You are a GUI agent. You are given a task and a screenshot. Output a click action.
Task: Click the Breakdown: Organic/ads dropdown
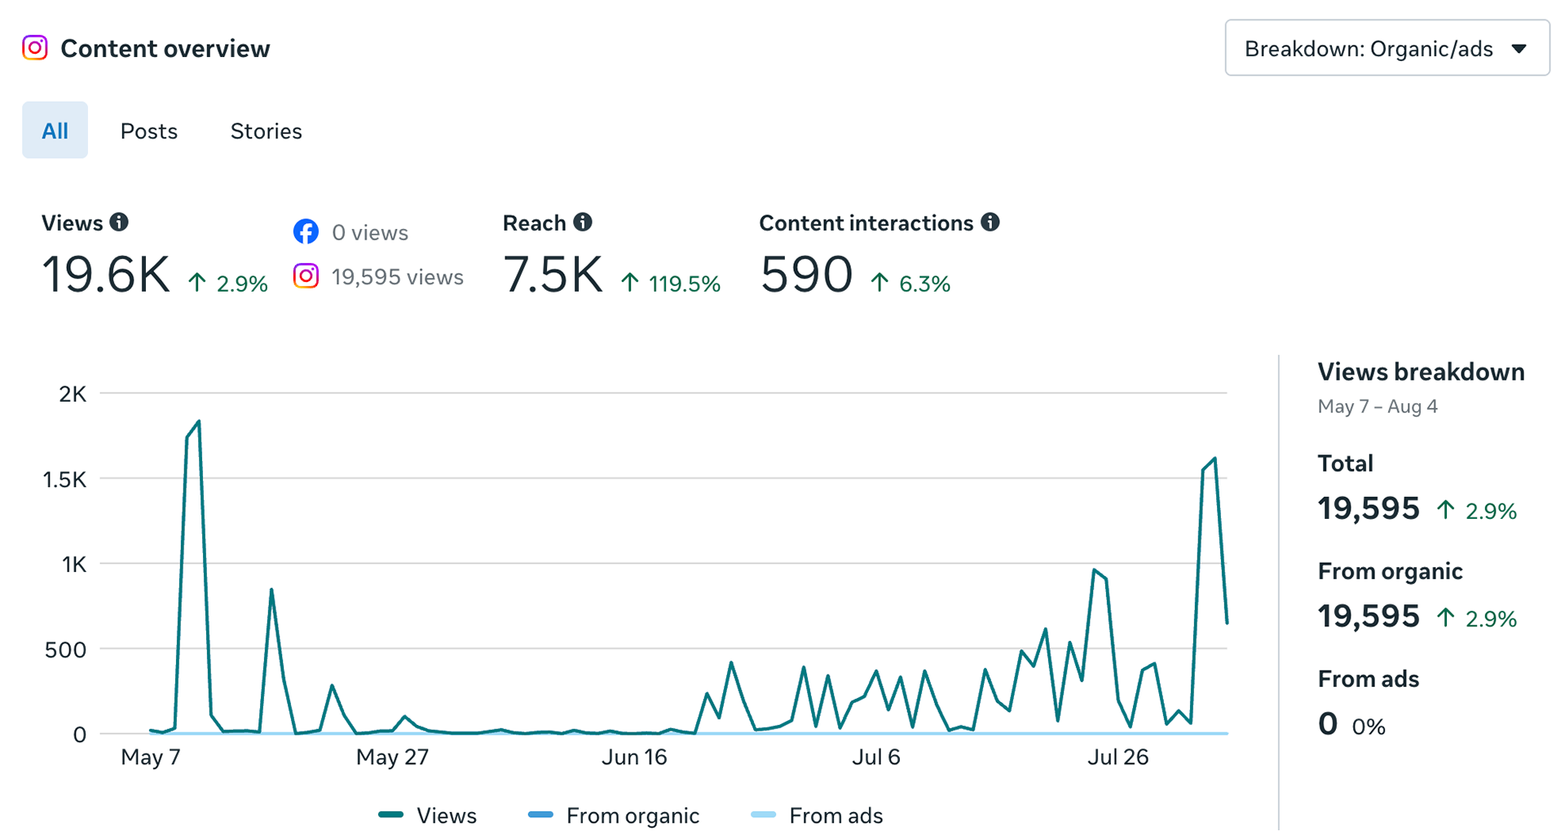tap(1386, 48)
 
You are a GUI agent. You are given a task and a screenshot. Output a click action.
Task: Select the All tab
tap(55, 130)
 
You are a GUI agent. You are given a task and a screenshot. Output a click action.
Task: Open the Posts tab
tap(148, 131)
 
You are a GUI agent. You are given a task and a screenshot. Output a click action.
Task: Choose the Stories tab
tap(266, 131)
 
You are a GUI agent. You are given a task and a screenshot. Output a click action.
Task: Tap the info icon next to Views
tap(119, 222)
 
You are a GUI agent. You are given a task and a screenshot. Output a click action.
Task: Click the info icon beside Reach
tap(582, 222)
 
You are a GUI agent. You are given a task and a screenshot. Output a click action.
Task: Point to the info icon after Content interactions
tap(990, 222)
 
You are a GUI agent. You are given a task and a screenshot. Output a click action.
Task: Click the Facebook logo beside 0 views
tap(306, 231)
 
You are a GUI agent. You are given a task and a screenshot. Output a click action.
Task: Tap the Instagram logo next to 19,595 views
tap(306, 276)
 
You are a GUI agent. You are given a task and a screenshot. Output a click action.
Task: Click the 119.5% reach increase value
tap(684, 283)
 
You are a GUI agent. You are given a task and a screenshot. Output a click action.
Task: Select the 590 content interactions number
tap(806, 275)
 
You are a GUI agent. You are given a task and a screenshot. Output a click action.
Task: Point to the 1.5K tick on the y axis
tap(64, 479)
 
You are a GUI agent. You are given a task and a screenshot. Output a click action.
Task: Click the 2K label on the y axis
tap(73, 394)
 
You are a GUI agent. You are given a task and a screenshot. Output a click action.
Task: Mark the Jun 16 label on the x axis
tap(634, 757)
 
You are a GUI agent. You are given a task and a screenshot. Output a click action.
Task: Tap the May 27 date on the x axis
tap(392, 757)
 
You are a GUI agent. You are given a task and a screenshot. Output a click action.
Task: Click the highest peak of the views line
tap(199, 421)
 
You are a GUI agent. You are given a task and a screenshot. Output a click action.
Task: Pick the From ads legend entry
tap(816, 815)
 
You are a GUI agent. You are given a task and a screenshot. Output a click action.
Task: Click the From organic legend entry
tap(614, 815)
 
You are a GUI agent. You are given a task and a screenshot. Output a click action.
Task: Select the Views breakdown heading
tap(1421, 371)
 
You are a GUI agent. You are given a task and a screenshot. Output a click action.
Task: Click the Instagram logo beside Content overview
tap(34, 48)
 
